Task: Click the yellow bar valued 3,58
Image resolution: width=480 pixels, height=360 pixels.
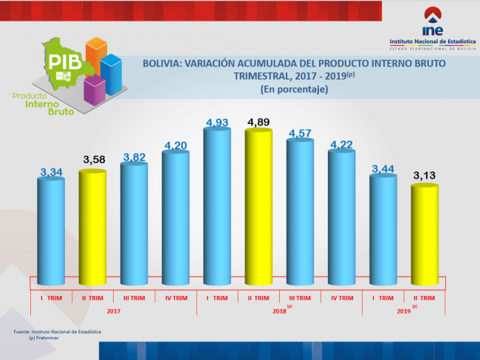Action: click(x=93, y=227)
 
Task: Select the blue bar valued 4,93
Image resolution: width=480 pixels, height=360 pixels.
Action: click(x=217, y=207)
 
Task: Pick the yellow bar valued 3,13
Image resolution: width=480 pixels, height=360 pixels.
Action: click(x=425, y=235)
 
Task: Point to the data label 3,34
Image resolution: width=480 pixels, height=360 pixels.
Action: click(x=52, y=173)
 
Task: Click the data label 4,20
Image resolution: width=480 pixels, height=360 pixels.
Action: click(x=176, y=145)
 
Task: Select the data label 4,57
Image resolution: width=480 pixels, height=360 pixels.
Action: click(x=301, y=133)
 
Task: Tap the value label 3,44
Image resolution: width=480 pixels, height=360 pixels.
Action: click(x=383, y=169)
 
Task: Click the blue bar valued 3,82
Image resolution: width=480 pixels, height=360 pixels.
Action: click(x=134, y=223)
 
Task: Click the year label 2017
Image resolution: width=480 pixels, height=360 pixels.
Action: click(x=113, y=312)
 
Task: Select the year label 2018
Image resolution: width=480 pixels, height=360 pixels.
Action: click(x=279, y=312)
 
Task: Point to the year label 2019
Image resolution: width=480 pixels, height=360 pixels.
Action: click(x=403, y=312)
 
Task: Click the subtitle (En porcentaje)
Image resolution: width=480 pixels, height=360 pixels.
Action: click(x=293, y=89)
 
